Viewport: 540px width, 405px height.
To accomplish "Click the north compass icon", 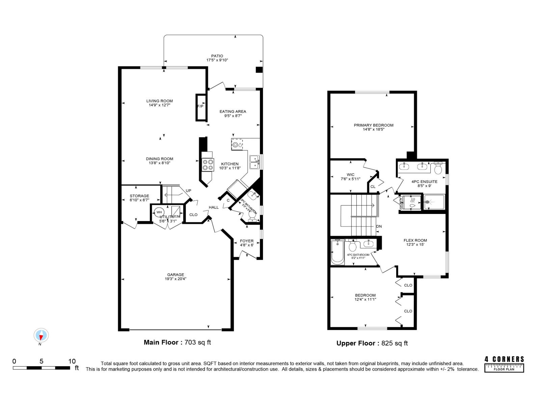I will [x=41, y=335].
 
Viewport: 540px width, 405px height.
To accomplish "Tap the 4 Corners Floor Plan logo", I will [x=504, y=364].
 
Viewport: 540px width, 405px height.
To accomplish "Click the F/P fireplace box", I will [x=200, y=107].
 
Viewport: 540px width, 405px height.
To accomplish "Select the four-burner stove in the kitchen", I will [x=208, y=164].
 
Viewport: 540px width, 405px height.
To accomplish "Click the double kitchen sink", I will [x=254, y=162].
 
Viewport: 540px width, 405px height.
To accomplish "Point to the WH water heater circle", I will [x=159, y=212].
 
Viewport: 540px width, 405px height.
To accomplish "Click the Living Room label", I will [x=159, y=101].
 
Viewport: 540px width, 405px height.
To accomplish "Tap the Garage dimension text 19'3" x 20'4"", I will [x=175, y=279].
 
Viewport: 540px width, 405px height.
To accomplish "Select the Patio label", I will [x=217, y=56].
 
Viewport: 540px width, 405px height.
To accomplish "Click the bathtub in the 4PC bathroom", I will [x=337, y=252].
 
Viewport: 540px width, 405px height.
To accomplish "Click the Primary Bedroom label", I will [x=373, y=125].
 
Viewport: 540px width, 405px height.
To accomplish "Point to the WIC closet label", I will [x=350, y=175].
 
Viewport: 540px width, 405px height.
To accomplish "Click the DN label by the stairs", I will [x=379, y=226].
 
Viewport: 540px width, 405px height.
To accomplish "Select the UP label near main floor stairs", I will [x=188, y=191].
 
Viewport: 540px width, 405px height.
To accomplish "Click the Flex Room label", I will [x=415, y=240].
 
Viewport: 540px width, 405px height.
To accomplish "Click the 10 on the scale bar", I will [x=72, y=361].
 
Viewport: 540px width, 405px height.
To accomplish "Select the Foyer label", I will [x=247, y=241].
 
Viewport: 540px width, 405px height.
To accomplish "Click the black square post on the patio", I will [x=259, y=70].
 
